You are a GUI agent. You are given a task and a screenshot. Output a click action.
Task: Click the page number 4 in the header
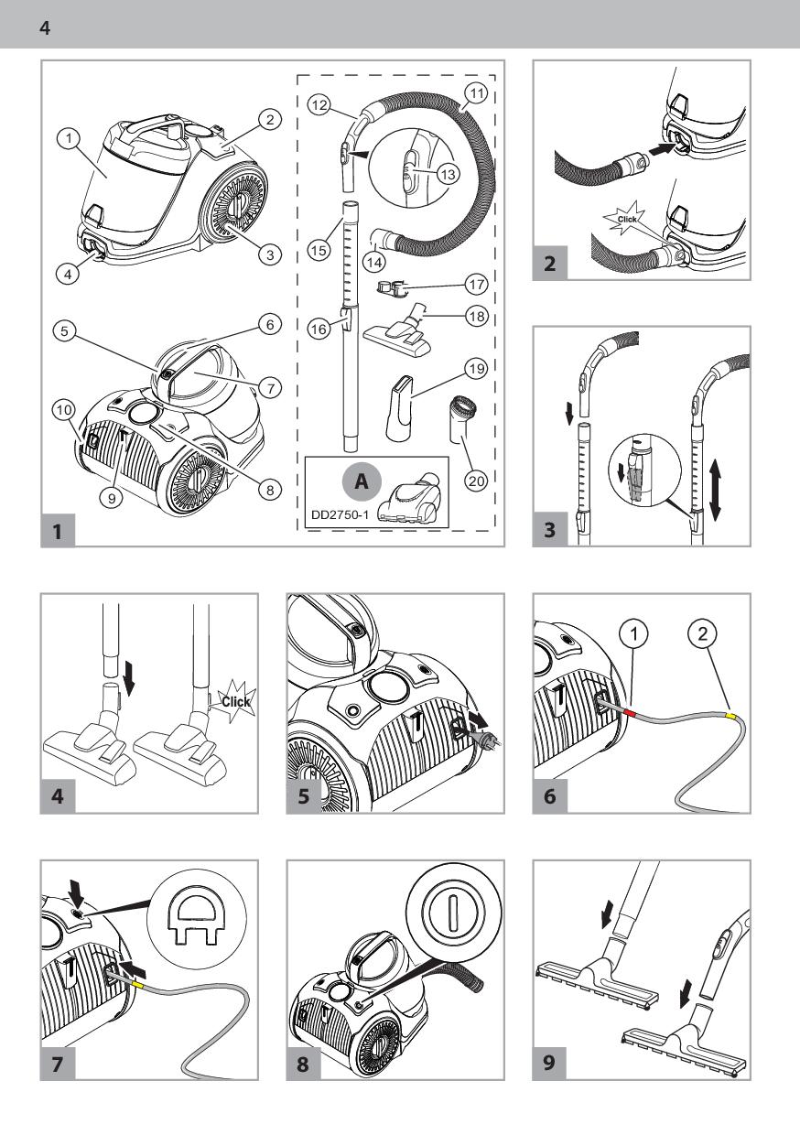pos(45,27)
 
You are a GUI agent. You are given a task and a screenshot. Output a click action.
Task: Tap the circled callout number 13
pos(448,174)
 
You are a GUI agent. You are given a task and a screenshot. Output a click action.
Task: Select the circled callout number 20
pos(476,480)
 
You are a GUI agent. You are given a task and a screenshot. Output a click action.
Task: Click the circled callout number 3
pos(270,254)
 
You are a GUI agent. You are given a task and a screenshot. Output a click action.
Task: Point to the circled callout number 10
pos(64,410)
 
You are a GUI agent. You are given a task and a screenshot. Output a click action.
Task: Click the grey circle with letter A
pos(362,481)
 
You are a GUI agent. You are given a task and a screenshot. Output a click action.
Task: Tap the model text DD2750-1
pos(340,515)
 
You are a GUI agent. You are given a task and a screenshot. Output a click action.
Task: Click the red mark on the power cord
pos(632,712)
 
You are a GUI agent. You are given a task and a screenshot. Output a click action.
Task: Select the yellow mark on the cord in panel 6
pos(732,716)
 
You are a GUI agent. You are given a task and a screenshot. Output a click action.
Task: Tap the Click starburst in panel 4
pos(235,702)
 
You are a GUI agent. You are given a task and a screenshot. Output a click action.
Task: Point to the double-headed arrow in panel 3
pos(716,490)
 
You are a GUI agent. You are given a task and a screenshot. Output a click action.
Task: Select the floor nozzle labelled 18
pos(398,331)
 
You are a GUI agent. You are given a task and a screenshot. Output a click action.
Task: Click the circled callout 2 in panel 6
pos(702,632)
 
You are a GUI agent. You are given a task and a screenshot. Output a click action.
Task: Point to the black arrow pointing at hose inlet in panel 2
pos(661,149)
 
